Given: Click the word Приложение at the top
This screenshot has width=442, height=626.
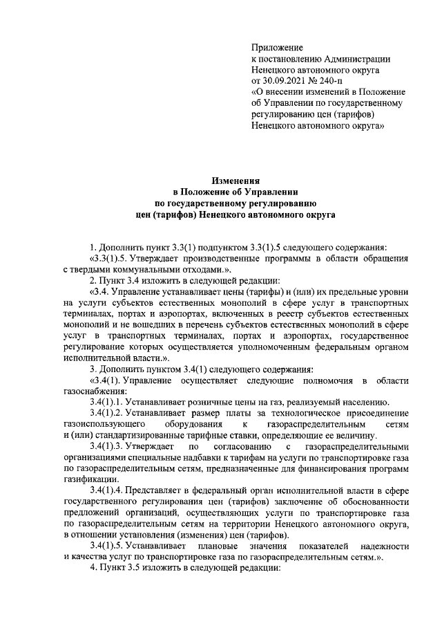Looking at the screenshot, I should pos(278,48).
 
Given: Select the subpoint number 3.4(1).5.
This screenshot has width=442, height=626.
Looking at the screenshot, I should pos(110,546).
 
